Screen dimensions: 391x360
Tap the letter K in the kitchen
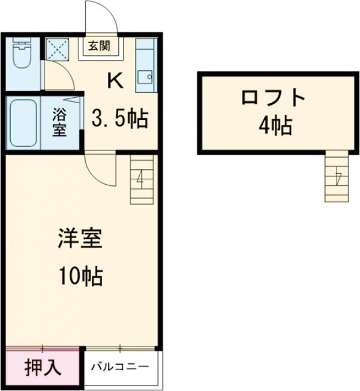tap(115, 80)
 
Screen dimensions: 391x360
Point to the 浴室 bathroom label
tap(59, 122)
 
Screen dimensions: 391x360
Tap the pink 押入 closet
tap(43, 367)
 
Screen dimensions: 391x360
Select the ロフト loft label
tap(274, 97)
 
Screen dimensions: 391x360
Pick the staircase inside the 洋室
tap(142, 179)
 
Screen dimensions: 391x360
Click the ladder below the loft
tap(337, 177)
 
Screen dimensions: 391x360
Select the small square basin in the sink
tap(145, 77)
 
